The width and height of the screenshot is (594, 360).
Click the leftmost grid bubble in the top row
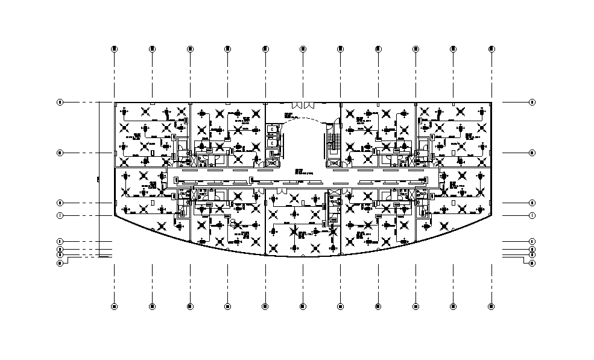[x=114, y=49]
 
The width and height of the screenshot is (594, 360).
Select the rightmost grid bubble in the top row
[x=492, y=49]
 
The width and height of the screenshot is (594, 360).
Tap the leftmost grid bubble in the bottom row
[x=114, y=306]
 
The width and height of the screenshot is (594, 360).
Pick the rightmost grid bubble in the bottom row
[x=492, y=306]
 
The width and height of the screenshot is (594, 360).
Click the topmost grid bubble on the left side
[x=60, y=102]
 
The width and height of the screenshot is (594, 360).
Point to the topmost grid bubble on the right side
[x=532, y=102]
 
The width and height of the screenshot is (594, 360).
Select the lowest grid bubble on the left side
[x=60, y=263]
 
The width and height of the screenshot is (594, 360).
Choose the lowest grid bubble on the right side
[x=532, y=263]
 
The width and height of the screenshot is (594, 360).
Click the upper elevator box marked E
[x=273, y=130]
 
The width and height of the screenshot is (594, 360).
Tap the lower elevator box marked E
[x=273, y=144]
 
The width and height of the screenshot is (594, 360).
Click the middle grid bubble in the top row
[x=303, y=49]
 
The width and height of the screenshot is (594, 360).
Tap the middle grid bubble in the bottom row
[x=303, y=306]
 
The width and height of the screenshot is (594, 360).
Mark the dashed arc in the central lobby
[x=303, y=119]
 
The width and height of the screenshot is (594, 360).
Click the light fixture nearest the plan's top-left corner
[x=124, y=112]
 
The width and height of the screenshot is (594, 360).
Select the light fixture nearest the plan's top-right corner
[x=482, y=112]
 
